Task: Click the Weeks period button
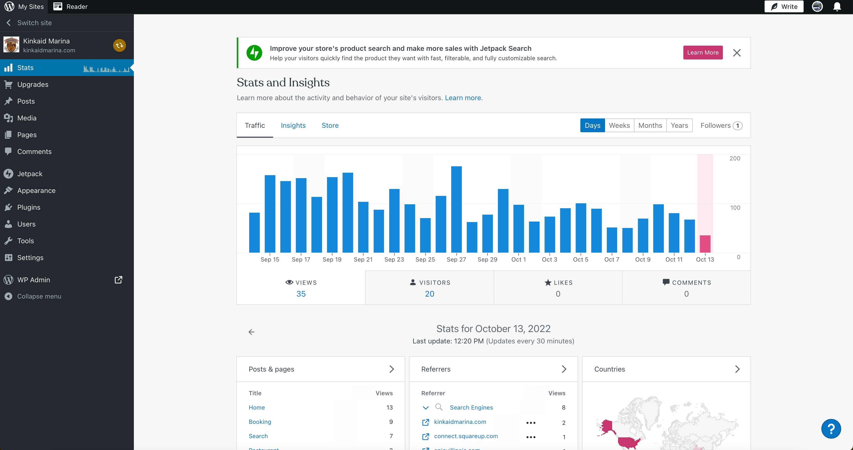(619, 125)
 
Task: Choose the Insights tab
(293, 125)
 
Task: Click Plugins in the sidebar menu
(29, 207)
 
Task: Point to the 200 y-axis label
(734, 158)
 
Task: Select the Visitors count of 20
(429, 294)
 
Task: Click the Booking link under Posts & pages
(260, 422)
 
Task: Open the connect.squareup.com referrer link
(466, 436)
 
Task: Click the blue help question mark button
(831, 429)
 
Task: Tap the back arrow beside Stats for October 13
(251, 332)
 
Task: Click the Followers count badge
(737, 126)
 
